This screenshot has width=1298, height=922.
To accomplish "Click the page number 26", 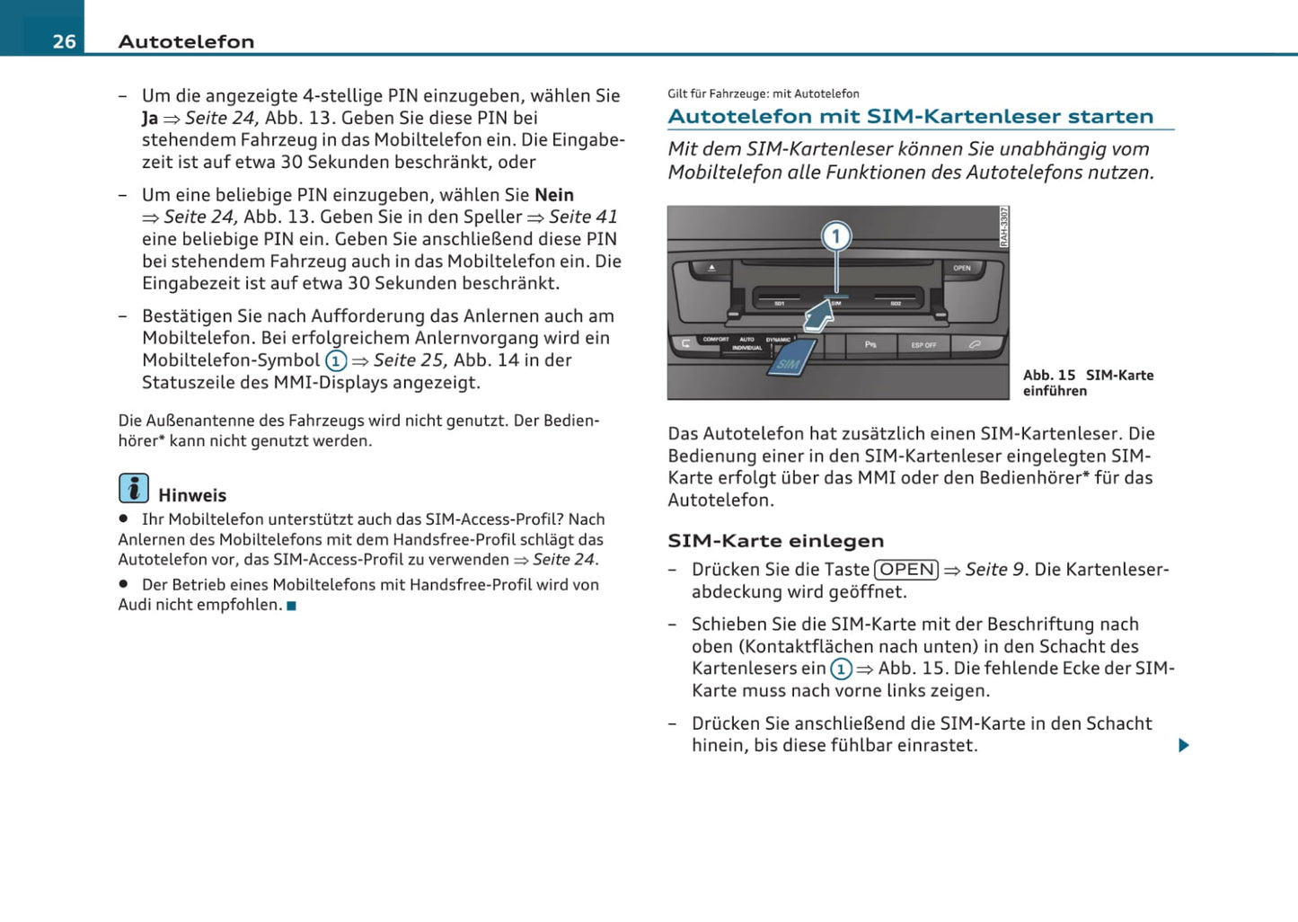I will click(64, 41).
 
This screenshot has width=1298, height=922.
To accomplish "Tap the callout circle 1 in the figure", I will click(836, 236).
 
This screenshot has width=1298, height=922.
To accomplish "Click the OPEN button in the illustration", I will click(961, 268).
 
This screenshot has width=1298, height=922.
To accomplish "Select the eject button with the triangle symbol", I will click(711, 268).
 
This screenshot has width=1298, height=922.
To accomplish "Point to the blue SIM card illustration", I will click(790, 359).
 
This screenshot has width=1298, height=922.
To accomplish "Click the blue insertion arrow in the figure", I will click(818, 316).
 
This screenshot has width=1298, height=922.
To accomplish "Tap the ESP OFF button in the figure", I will click(923, 345).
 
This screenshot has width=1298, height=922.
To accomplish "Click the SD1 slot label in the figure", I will click(780, 304).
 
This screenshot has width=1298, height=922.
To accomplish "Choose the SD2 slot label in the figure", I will click(896, 304).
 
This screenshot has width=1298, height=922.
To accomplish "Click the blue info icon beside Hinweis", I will click(134, 488).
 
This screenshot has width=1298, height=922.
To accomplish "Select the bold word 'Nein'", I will click(554, 195).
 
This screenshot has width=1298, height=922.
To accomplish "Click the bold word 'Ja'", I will click(150, 119).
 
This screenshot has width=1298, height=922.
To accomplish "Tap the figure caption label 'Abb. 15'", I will click(1049, 376).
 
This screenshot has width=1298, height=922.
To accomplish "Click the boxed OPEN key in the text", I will click(906, 570).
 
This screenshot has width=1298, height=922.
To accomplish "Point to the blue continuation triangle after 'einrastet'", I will click(1184, 745).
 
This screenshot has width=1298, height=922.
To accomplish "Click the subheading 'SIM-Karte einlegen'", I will click(775, 541).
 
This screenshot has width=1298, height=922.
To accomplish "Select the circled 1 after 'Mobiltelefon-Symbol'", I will click(336, 361).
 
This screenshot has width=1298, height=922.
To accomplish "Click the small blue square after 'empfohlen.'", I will click(291, 606).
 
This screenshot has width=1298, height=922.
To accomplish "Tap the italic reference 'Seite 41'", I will click(583, 217).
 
